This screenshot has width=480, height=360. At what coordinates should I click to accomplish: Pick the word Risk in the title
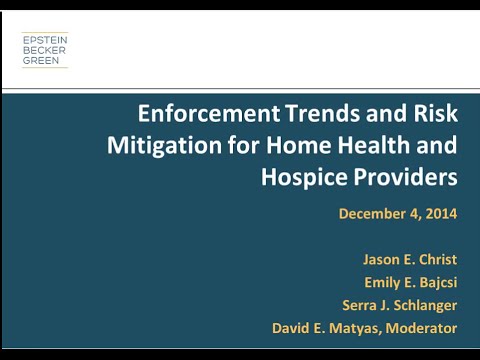(x=432, y=113)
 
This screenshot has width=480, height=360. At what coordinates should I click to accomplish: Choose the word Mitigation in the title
(x=159, y=145)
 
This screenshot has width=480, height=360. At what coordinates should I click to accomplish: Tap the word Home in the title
(x=301, y=145)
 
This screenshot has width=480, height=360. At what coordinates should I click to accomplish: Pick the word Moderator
(x=419, y=328)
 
